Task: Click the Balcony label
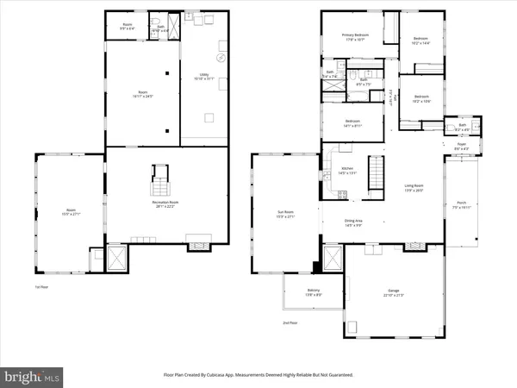tap(302, 293)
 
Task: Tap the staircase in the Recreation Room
tap(160, 187)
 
